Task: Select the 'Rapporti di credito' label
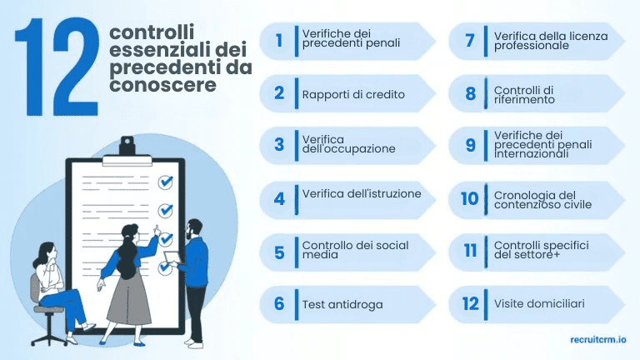click(353, 94)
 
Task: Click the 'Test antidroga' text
click(342, 304)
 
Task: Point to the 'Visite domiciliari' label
click(539, 303)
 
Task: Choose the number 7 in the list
click(471, 41)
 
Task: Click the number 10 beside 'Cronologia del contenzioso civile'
click(470, 198)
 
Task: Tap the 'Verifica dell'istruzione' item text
click(362, 194)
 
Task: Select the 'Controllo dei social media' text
click(355, 250)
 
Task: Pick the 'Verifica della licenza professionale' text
click(551, 41)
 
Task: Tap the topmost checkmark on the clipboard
click(166, 182)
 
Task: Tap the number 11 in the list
click(470, 251)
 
